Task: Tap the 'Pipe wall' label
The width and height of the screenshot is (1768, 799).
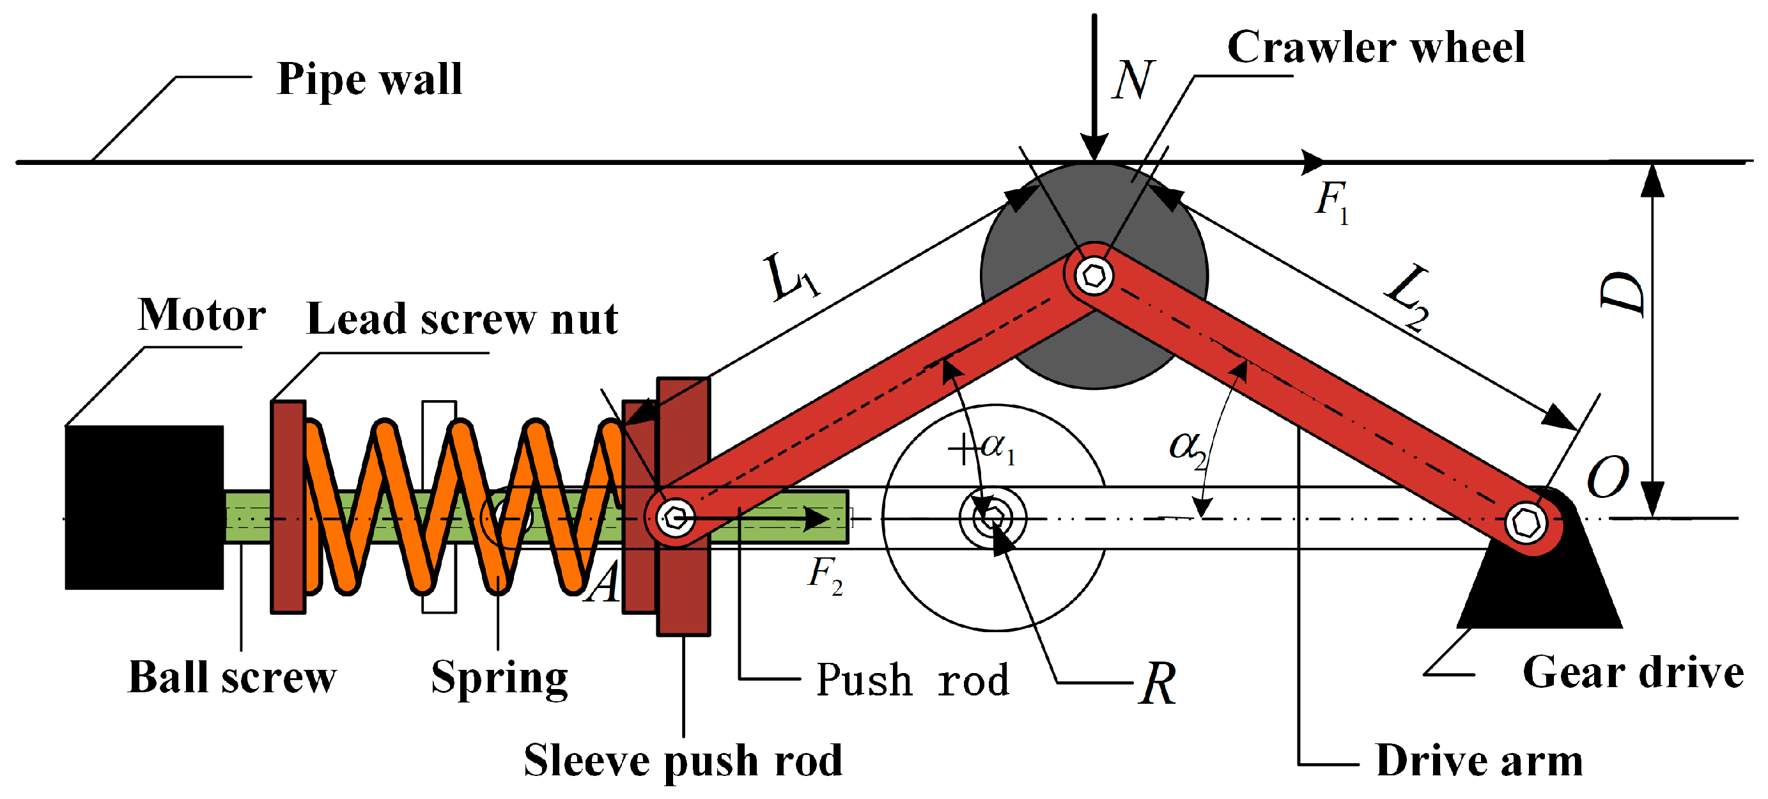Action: coord(369,79)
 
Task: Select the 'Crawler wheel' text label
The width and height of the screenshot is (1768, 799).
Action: coord(1376,48)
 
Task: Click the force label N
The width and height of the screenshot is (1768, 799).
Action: coord(1133,81)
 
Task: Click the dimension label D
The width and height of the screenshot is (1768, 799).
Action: coord(1622,294)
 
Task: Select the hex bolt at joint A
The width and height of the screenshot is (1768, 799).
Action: coord(676,518)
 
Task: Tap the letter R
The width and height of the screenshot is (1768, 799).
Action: coord(1157,685)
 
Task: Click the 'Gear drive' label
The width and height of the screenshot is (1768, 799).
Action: coord(1632,672)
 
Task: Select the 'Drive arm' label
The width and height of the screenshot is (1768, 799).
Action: coord(1479,761)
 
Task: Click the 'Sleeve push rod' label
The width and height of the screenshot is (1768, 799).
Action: coord(683,761)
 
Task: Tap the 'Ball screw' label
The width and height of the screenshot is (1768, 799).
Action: coord(232,678)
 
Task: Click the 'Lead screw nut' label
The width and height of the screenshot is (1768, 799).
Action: coord(462,319)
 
